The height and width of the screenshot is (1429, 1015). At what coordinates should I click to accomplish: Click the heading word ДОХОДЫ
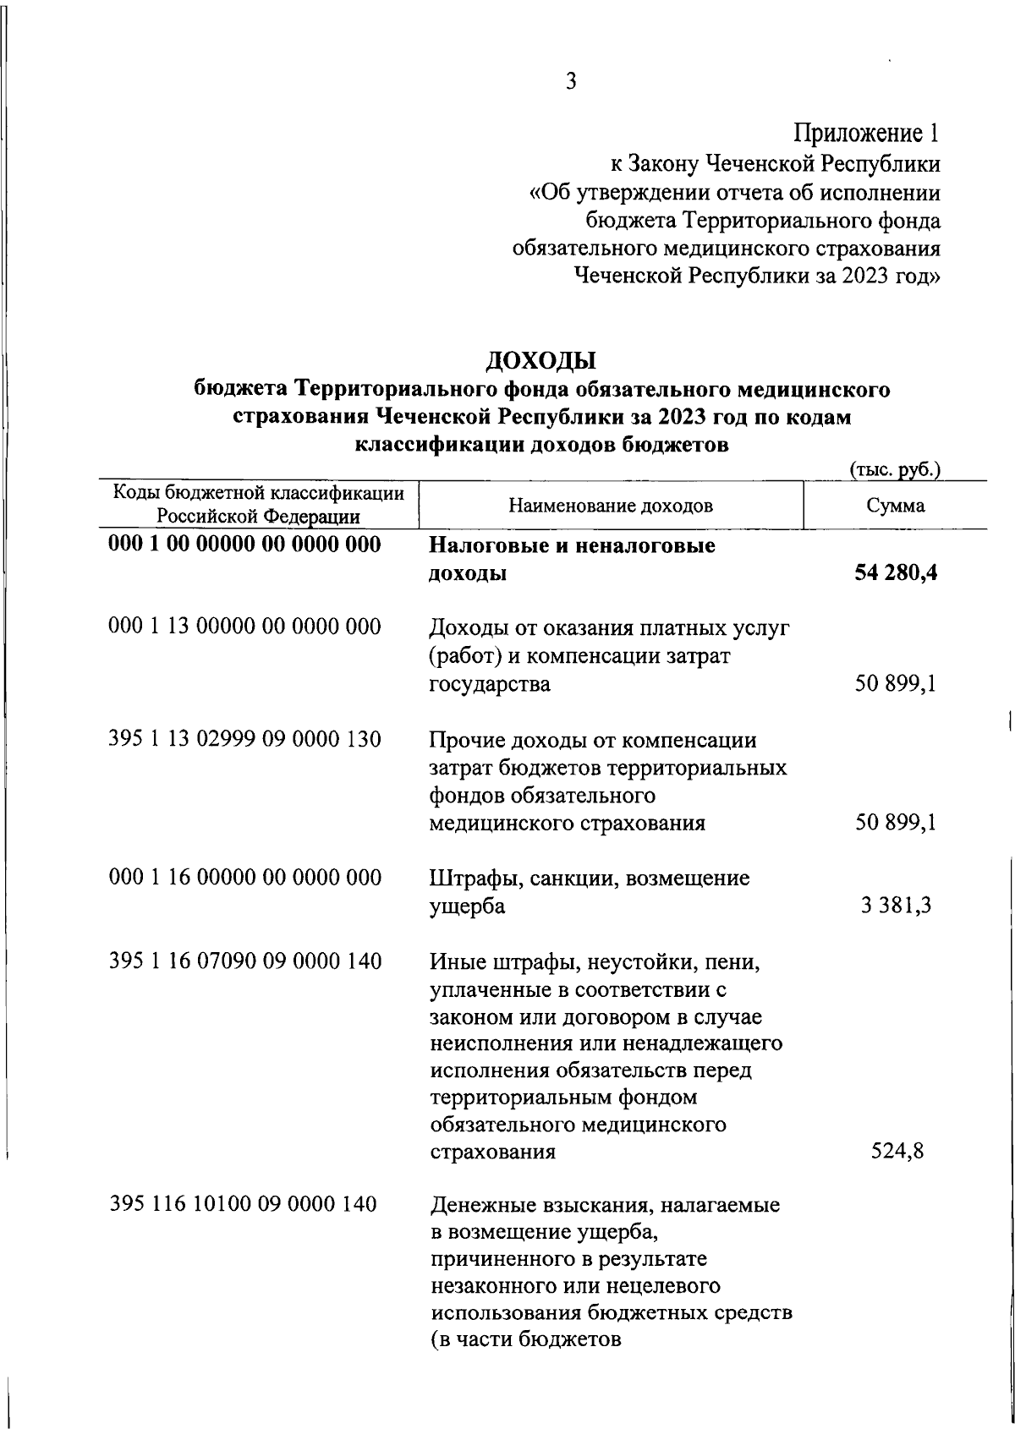pos(541,361)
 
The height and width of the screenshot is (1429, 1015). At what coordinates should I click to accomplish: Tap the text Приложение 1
pos(866,133)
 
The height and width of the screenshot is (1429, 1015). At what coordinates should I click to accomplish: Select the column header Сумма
pos(895,506)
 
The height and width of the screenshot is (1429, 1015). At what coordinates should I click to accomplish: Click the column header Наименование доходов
pos(611,506)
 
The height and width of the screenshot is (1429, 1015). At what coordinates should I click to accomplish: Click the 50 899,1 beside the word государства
pos(895,684)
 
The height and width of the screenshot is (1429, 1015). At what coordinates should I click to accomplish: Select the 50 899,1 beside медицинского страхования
pos(895,823)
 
